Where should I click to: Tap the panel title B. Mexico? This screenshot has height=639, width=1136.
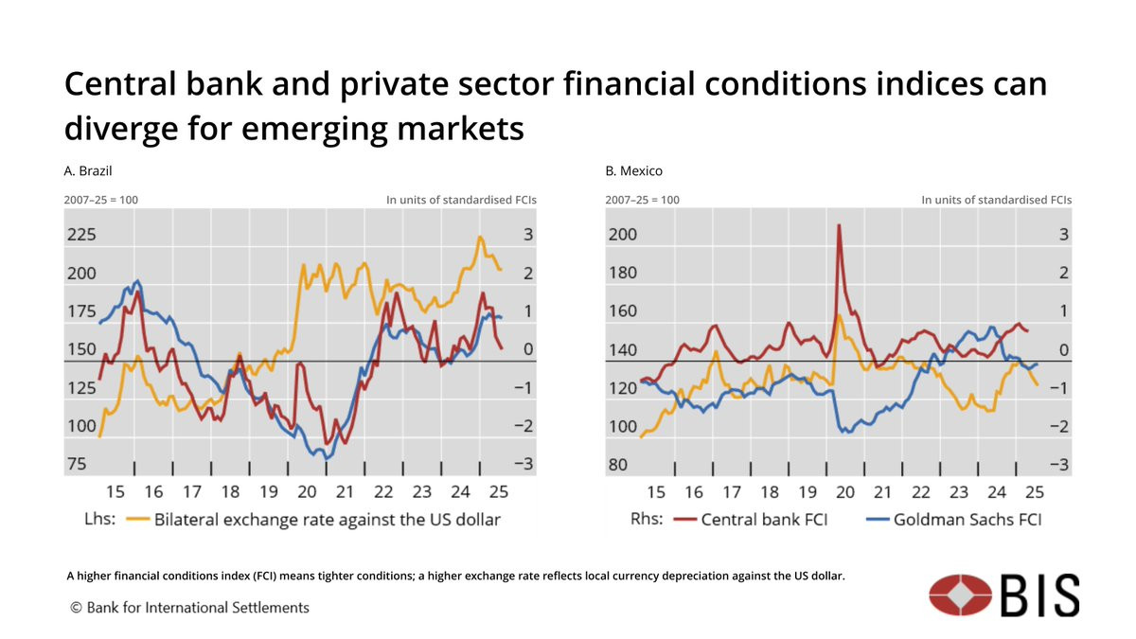(x=633, y=171)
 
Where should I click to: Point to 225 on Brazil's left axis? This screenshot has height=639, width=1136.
(x=82, y=235)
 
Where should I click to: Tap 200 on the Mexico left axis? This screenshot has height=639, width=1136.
(x=622, y=235)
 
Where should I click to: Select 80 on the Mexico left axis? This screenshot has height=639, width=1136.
(x=617, y=464)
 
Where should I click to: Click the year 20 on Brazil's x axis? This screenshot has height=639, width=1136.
(x=307, y=492)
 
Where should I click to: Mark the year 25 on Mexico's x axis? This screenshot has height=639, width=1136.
(x=1035, y=492)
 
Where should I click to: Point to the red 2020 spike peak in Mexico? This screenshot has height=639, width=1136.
(x=839, y=225)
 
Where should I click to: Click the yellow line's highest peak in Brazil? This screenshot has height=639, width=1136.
(x=480, y=237)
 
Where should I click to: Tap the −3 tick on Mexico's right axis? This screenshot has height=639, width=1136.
(x=1058, y=464)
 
